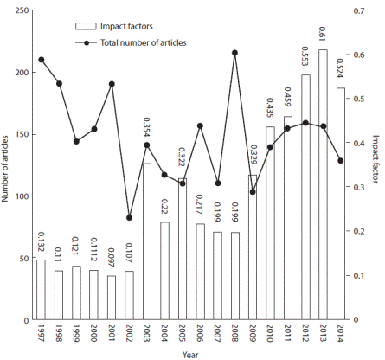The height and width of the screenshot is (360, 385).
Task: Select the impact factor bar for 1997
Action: tap(41, 290)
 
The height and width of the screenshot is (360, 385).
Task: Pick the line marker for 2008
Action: tap(234, 53)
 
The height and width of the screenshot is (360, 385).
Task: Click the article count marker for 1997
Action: tap(41, 60)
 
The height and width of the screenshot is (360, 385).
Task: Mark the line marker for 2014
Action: tap(340, 161)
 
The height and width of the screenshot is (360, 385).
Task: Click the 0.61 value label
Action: tap(324, 35)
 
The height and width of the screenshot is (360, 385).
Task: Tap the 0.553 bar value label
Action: tap(305, 59)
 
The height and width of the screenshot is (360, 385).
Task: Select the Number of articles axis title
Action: tap(6, 164)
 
